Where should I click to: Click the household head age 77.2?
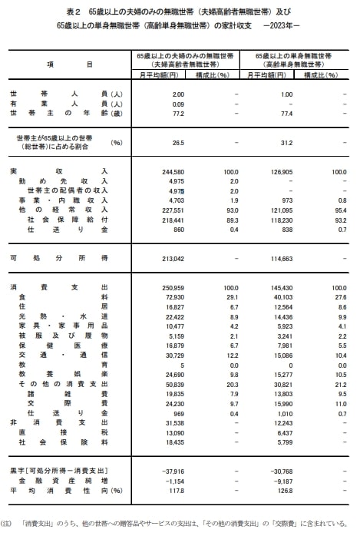(178, 112)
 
